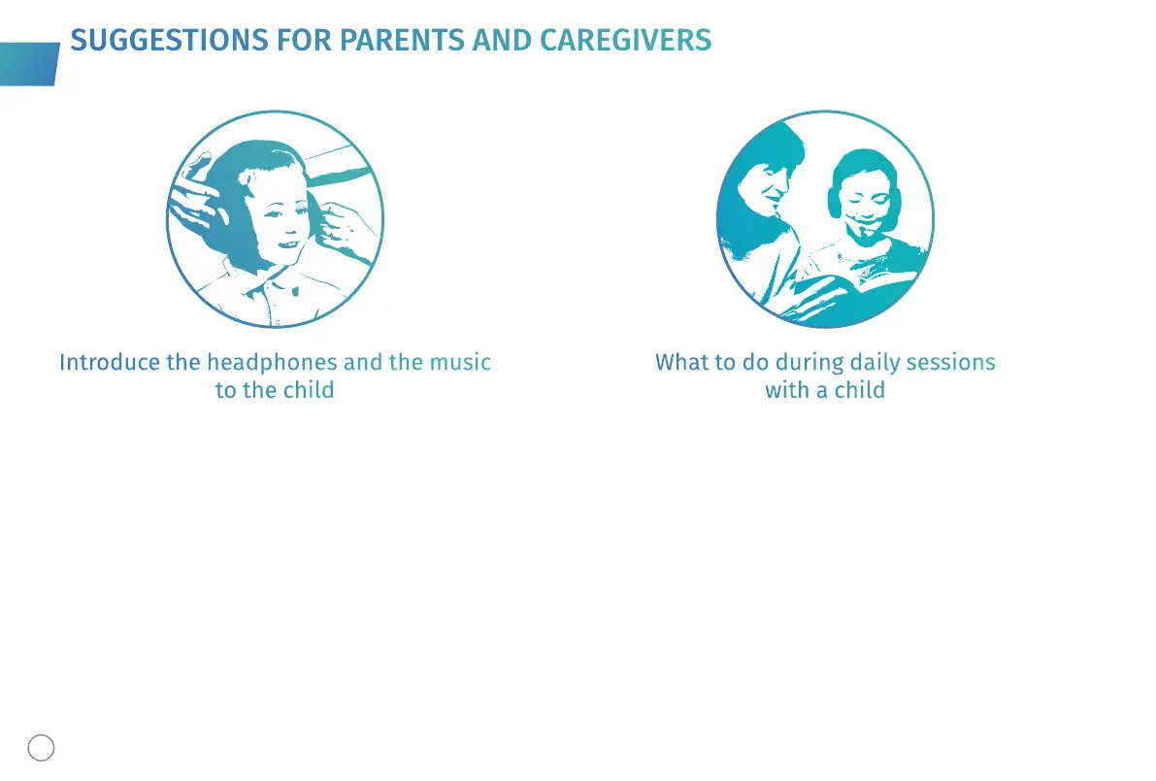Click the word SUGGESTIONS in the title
pos(169,41)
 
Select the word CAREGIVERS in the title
pos(625,41)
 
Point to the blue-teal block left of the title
pos(29,64)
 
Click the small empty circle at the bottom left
pos(42,748)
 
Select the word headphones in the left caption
pos(272,363)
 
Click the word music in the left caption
pos(460,363)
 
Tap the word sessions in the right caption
pos(950,363)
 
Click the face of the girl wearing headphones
pos(866,199)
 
